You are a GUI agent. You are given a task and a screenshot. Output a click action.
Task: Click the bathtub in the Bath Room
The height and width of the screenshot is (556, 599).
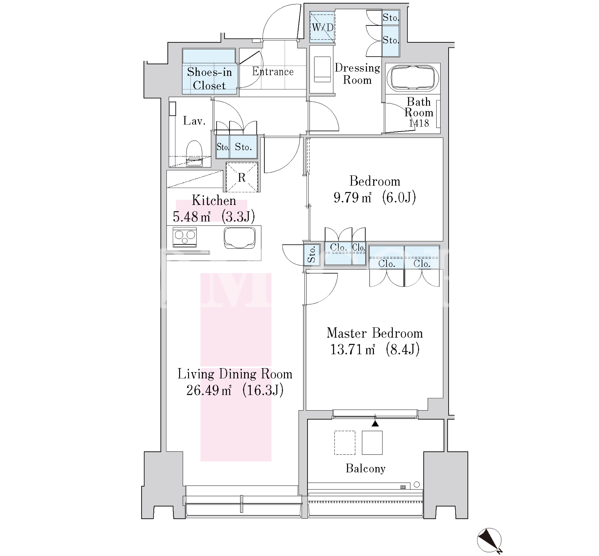tap(414, 78)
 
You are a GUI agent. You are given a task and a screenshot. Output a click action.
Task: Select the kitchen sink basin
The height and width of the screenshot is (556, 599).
tap(240, 237)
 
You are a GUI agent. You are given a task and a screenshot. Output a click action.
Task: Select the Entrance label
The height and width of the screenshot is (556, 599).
tap(273, 72)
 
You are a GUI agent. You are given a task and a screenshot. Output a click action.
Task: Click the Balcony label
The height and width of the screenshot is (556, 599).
tap(365, 468)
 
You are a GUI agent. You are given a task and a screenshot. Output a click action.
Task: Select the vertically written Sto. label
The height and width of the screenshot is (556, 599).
tap(312, 254)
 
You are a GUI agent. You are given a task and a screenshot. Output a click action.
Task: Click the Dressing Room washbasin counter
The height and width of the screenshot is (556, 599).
tap(322, 69)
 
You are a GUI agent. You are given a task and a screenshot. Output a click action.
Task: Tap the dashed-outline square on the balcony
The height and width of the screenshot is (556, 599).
tap(345, 443)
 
